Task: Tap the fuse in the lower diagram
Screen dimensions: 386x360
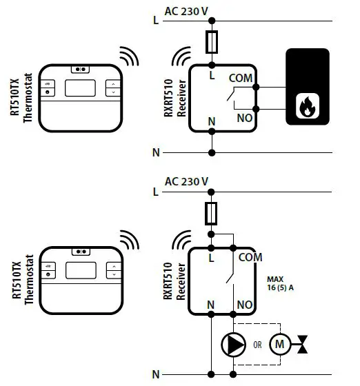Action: [212, 214]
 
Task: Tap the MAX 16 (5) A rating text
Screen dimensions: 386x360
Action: [279, 285]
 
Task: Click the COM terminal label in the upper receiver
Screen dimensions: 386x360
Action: [241, 79]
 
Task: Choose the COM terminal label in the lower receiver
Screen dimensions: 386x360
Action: [250, 257]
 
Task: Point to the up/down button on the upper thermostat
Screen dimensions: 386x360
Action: [112, 88]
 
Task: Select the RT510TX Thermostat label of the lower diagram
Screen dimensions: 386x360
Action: [22, 278]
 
